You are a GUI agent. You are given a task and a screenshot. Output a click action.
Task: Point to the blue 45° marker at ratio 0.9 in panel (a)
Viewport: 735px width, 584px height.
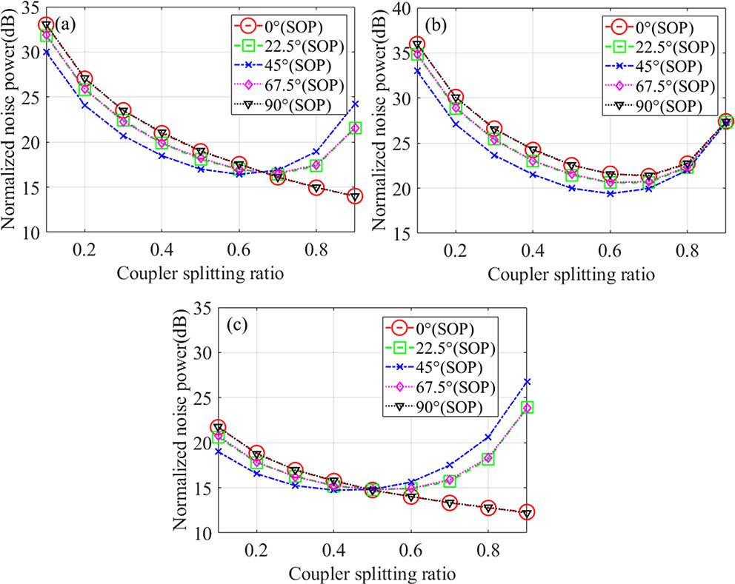point(355,104)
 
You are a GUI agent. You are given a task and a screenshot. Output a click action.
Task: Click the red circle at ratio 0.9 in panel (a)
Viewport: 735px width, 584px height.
point(355,196)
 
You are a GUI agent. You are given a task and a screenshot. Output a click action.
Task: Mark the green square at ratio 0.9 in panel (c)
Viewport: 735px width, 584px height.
point(527,408)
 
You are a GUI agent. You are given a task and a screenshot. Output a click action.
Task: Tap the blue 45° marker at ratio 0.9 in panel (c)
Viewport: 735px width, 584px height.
point(527,381)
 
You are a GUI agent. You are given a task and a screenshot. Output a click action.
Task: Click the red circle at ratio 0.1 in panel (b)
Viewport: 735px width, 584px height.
point(417,45)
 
